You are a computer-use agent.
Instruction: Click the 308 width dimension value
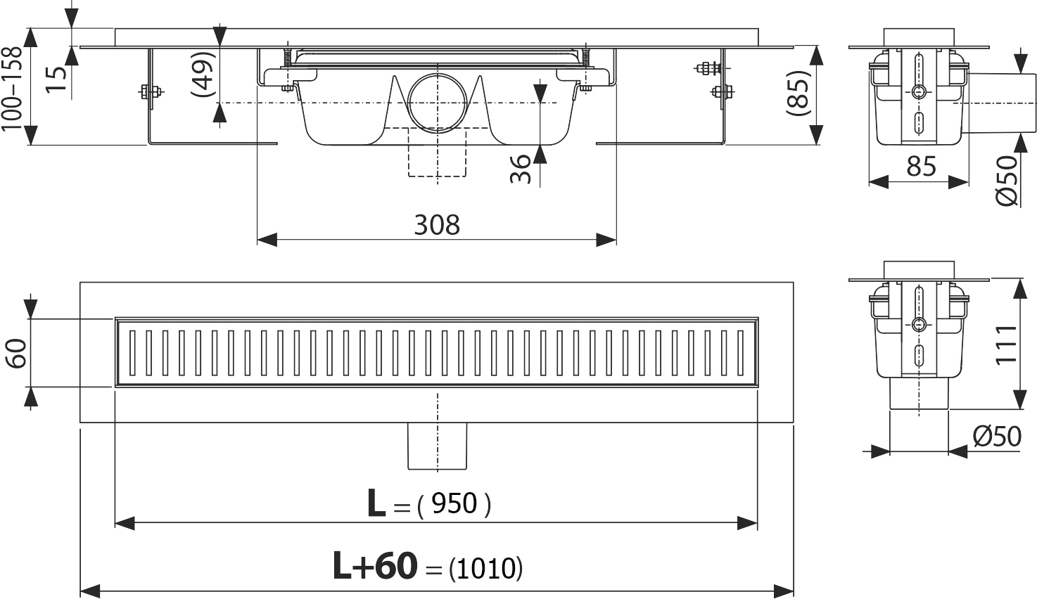pyautogui.click(x=437, y=225)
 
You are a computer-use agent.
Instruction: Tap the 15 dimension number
pyautogui.click(x=56, y=79)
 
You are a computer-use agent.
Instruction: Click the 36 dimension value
pyautogui.click(x=521, y=169)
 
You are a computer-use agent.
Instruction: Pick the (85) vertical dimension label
pyautogui.click(x=799, y=93)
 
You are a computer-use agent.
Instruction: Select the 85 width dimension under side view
pyautogui.click(x=921, y=166)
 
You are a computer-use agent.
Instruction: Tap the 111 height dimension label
pyautogui.click(x=1007, y=344)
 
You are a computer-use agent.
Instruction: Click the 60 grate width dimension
pyautogui.click(x=17, y=353)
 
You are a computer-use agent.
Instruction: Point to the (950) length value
pyautogui.click(x=454, y=503)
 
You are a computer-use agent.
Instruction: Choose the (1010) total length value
pyautogui.click(x=485, y=568)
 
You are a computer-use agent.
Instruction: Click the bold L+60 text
pyautogui.click(x=374, y=566)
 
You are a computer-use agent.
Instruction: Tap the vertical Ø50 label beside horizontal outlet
pyautogui.click(x=1007, y=181)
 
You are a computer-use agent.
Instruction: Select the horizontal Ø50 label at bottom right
pyautogui.click(x=997, y=436)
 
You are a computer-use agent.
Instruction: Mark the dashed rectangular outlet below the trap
pyautogui.click(x=437, y=152)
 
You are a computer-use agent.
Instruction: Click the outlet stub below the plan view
pyautogui.click(x=437, y=446)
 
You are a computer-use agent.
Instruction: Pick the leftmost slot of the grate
pyautogui.click(x=133, y=352)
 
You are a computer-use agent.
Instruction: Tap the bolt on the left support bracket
pyautogui.click(x=151, y=92)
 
